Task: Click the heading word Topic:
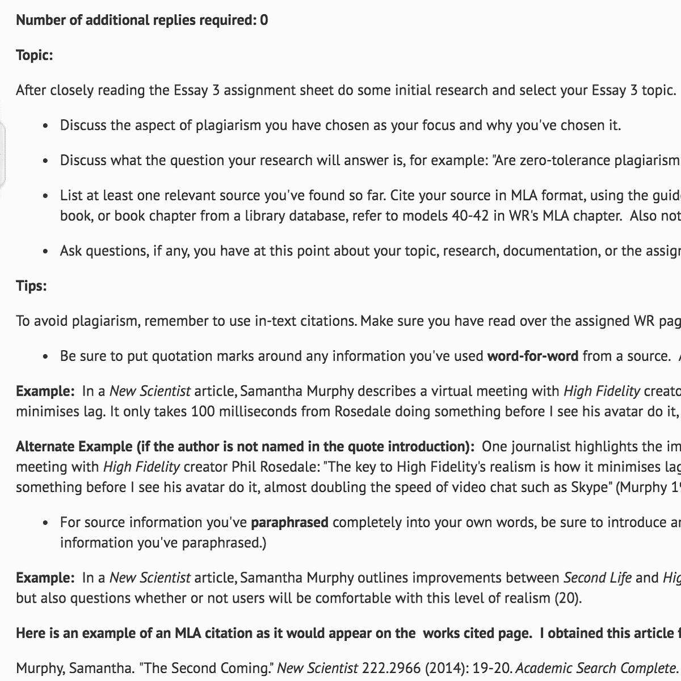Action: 34,55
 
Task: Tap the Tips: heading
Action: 31,285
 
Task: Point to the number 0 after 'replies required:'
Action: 264,20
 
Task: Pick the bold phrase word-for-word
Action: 533,356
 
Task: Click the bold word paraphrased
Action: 289,522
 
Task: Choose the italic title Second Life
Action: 597,578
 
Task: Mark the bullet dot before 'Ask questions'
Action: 45,251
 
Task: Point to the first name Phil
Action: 243,467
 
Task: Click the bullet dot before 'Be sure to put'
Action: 45,356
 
